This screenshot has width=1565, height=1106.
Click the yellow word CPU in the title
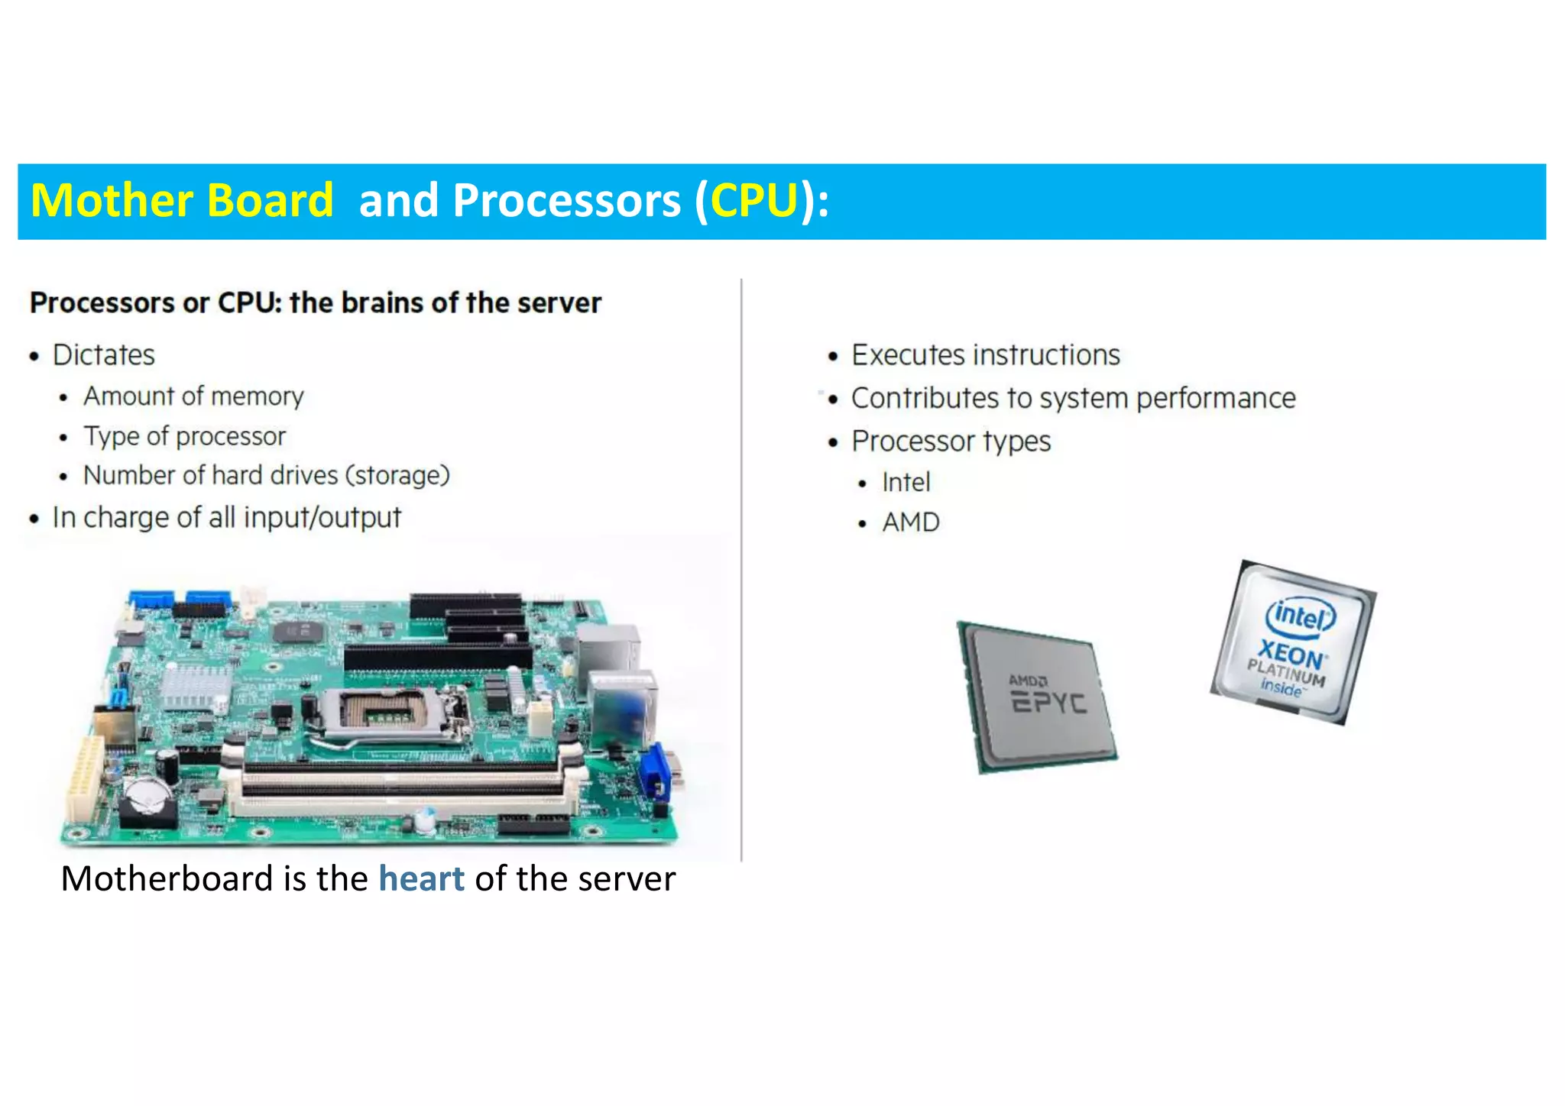754,201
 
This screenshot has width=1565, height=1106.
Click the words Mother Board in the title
182,201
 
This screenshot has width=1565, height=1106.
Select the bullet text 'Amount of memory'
193,396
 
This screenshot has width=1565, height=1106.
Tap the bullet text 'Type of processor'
184,436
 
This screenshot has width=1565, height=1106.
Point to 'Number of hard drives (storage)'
266,475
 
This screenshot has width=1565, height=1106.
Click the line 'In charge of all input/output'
226,518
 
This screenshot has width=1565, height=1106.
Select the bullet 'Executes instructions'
985,355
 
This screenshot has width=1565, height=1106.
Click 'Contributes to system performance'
1073,399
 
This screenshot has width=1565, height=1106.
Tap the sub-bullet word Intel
906,483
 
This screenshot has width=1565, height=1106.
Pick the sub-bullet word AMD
910,522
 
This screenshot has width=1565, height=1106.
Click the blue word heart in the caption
421,878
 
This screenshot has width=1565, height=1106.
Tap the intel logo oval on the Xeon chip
1301,615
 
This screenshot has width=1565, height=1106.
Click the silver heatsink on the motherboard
195,684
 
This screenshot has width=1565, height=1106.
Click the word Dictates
103,355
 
